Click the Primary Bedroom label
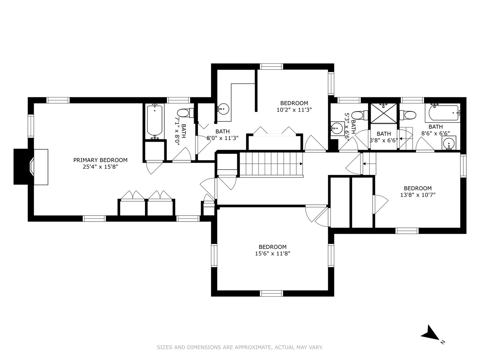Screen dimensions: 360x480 coord(100,160)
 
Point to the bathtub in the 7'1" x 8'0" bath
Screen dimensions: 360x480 coord(155,121)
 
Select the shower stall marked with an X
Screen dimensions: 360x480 coord(384,113)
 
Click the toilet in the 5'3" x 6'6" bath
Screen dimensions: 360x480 coord(358,115)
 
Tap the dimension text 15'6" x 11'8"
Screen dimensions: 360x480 coord(273,254)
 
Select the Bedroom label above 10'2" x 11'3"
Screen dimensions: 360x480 coord(294,103)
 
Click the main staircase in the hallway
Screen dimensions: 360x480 coord(271,164)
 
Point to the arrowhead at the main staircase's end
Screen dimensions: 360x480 coord(301,164)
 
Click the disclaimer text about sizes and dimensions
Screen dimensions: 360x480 coord(240,347)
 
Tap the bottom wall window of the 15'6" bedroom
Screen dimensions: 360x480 coord(271,293)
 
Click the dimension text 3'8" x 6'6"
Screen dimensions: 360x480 coord(384,140)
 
